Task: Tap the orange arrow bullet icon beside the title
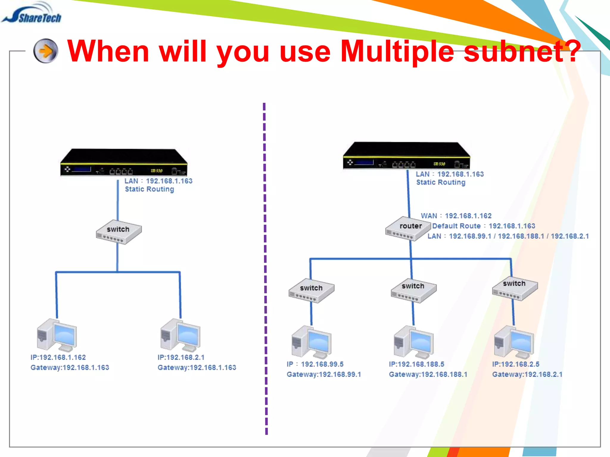point(46,51)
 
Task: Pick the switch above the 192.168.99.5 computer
point(311,291)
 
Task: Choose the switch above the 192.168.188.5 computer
point(413,290)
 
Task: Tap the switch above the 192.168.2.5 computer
point(515,288)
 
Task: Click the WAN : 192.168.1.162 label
point(456,216)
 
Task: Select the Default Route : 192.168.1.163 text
point(483,226)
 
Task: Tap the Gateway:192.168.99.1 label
point(324,374)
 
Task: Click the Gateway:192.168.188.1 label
point(428,374)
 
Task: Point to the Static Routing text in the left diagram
point(149,189)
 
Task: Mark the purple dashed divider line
point(265,268)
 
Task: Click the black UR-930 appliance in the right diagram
point(406,156)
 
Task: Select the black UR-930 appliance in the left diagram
point(124,162)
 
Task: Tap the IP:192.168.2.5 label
point(516,364)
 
